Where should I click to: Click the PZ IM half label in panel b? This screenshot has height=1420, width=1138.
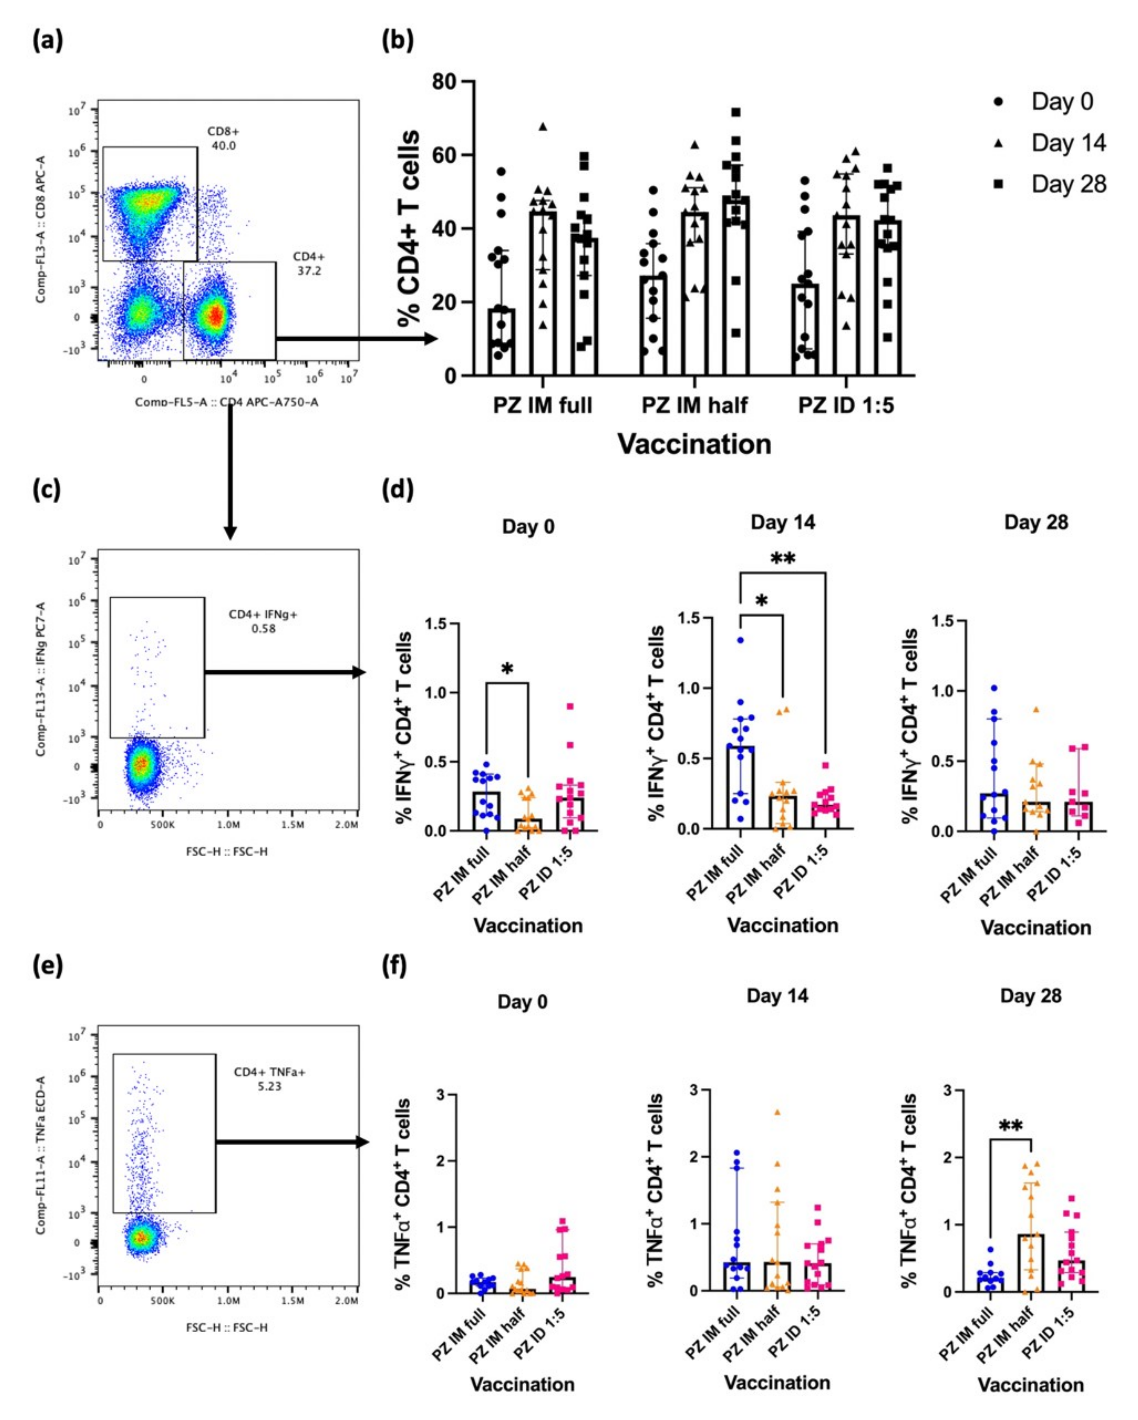pos(694,404)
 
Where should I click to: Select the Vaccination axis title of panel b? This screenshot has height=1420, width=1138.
pos(694,444)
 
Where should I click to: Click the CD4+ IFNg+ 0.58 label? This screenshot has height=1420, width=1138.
pos(263,621)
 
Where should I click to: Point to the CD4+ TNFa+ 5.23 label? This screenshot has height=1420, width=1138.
pos(269,1079)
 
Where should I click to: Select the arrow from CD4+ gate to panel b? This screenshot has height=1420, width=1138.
pos(356,339)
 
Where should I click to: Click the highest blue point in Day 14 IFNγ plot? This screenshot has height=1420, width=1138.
pos(740,639)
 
